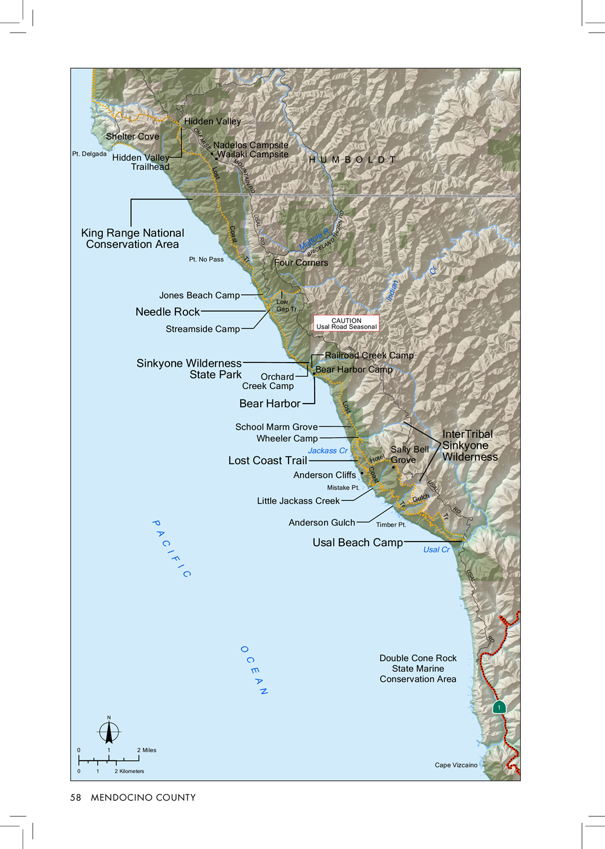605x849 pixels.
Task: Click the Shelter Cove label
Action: tap(132, 137)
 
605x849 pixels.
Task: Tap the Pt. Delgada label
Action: tap(89, 154)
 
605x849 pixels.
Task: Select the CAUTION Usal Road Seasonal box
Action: tap(346, 324)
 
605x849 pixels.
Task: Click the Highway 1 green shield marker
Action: tap(499, 707)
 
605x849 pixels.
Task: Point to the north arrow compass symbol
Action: tap(109, 732)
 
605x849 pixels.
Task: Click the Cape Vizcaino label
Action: tap(456, 765)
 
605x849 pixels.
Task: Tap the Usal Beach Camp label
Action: tap(357, 543)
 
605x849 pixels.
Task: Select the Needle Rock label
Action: tap(167, 312)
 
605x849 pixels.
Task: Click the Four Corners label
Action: tap(301, 263)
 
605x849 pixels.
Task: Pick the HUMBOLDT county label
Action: tap(352, 160)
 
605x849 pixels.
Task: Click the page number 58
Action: tap(76, 798)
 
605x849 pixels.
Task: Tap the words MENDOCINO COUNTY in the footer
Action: tap(143, 798)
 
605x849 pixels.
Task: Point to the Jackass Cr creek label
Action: tap(327, 451)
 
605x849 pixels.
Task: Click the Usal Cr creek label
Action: tap(436, 550)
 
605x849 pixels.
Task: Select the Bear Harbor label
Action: tap(269, 404)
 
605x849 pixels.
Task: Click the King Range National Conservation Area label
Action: tap(132, 239)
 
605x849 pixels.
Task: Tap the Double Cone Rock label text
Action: tap(417, 659)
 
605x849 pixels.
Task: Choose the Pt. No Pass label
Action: tap(206, 259)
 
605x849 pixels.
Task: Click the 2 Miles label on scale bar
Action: tap(146, 750)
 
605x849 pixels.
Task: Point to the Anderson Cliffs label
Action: tap(324, 475)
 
